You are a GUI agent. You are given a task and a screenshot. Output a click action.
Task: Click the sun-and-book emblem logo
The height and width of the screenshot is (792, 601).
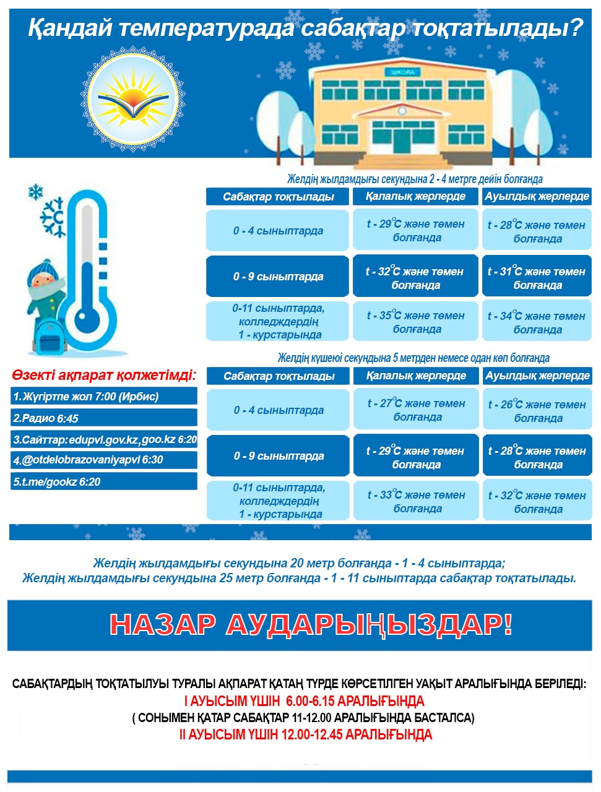132,101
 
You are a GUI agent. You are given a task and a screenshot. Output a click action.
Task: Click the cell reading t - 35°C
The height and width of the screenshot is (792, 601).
415,322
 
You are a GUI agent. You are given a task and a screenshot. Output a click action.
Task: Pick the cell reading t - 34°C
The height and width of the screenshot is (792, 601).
537,322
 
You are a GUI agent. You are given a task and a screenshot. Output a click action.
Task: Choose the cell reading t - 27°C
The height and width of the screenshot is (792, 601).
416,410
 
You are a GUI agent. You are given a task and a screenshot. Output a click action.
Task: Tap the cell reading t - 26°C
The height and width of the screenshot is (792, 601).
537,411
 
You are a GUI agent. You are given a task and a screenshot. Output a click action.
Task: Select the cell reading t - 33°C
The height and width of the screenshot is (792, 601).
416,501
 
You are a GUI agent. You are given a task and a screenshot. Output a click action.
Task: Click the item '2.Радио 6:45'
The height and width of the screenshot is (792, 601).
103,418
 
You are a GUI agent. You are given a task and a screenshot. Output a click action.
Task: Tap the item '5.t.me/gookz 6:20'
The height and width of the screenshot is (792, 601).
103,482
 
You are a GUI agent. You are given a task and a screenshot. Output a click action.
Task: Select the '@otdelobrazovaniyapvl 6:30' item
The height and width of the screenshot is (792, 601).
103,460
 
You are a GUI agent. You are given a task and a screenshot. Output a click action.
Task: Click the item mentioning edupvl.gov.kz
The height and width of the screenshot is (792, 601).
103,440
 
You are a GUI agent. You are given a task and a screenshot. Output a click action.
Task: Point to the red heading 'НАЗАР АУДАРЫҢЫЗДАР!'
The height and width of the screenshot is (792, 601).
311,625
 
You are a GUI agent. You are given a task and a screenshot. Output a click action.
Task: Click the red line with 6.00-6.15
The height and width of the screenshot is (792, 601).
304,701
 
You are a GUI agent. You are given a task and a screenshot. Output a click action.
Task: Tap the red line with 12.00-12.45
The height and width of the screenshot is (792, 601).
305,734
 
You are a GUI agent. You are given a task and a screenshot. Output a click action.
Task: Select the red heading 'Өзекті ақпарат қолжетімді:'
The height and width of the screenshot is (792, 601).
103,375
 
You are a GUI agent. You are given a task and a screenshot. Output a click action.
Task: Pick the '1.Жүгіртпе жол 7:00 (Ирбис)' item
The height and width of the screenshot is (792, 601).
103,397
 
